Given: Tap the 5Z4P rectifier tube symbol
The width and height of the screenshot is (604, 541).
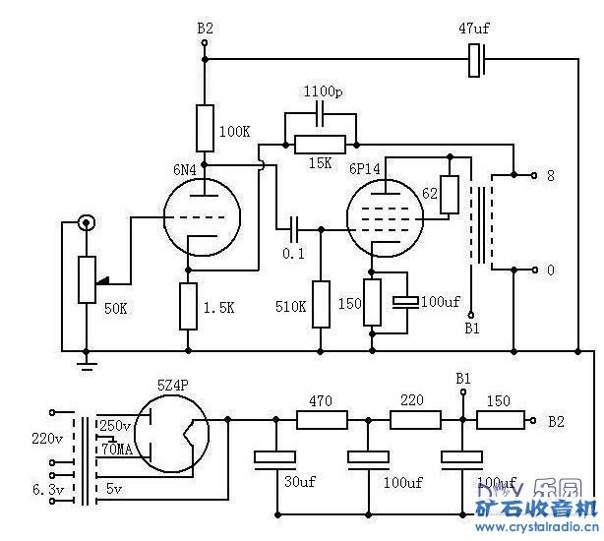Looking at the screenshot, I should pyautogui.click(x=173, y=434).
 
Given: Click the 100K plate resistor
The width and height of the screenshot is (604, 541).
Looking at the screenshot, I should pyautogui.click(x=205, y=126).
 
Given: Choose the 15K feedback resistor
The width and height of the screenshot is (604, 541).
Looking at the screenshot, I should pyautogui.click(x=321, y=144).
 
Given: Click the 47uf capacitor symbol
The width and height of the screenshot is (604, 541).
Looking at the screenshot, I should pyautogui.click(x=477, y=61).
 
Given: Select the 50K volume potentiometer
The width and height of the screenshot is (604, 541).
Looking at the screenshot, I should pyautogui.click(x=87, y=278).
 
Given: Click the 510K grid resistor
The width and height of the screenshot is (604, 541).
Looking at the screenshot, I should pyautogui.click(x=321, y=304).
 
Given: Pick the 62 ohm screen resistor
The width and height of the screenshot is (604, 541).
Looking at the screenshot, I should pyautogui.click(x=450, y=194).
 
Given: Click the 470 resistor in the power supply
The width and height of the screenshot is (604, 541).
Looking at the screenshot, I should pyautogui.click(x=322, y=420).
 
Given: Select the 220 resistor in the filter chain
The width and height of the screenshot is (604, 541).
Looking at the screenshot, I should pyautogui.click(x=414, y=420).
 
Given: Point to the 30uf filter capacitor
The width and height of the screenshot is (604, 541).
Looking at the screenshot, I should pyautogui.click(x=275, y=456).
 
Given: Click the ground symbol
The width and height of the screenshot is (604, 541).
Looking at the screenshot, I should pyautogui.click(x=87, y=365).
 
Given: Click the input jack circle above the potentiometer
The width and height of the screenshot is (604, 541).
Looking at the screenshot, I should pyautogui.click(x=87, y=224).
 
